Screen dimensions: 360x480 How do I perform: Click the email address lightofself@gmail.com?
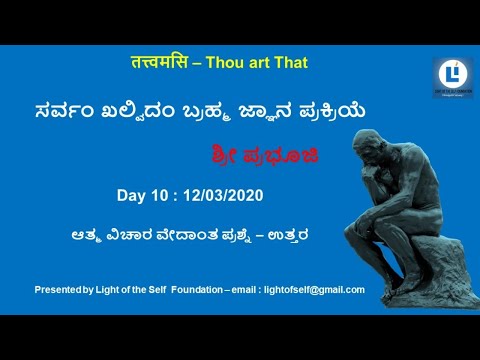point(313,289)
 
